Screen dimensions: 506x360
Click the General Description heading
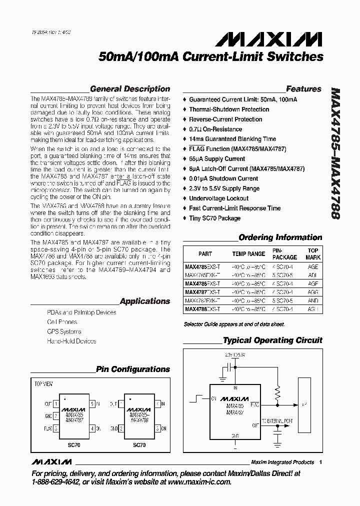[129, 89]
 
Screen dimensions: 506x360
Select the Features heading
[303, 89]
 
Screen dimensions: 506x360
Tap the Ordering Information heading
[280, 237]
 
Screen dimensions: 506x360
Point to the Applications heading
[145, 301]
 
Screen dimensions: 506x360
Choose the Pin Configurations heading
[133, 369]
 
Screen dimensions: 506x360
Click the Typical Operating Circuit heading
[272, 340]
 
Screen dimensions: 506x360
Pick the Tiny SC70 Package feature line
[214, 218]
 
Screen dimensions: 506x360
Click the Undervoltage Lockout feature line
[218, 198]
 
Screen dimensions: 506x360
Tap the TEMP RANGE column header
[248, 254]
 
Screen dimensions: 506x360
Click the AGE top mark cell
[312, 267]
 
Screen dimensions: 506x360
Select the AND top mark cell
[312, 301]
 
